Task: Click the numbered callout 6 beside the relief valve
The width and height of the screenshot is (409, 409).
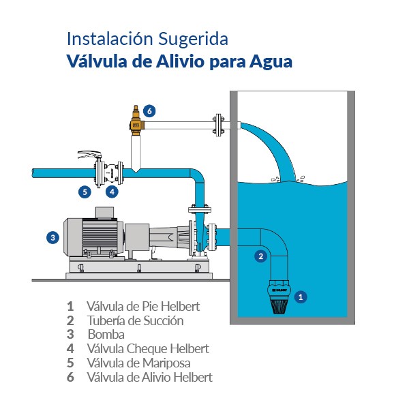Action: (149, 111)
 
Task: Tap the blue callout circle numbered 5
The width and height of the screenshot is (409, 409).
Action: (85, 192)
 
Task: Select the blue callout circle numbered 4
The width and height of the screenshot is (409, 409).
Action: (112, 192)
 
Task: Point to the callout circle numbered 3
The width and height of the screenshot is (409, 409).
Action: (52, 237)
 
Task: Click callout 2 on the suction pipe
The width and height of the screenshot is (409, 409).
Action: (260, 256)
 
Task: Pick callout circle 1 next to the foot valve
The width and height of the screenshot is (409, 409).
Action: (301, 297)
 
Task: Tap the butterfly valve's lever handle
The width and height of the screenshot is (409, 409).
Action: (89, 155)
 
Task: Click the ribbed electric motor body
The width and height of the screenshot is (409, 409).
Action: (100, 237)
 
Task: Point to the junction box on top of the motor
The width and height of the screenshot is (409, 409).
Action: (104, 213)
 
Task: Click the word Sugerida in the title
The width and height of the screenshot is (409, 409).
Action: (194, 40)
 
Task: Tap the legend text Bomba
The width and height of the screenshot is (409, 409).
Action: (106, 335)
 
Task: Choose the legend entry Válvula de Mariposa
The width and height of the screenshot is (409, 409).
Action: (139, 363)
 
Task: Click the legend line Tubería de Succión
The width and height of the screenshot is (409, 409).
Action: (136, 320)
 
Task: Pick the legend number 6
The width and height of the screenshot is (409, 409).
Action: (70, 377)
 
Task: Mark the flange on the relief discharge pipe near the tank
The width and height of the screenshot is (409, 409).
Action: (219, 125)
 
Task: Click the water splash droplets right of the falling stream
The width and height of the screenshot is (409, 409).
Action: (301, 179)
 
